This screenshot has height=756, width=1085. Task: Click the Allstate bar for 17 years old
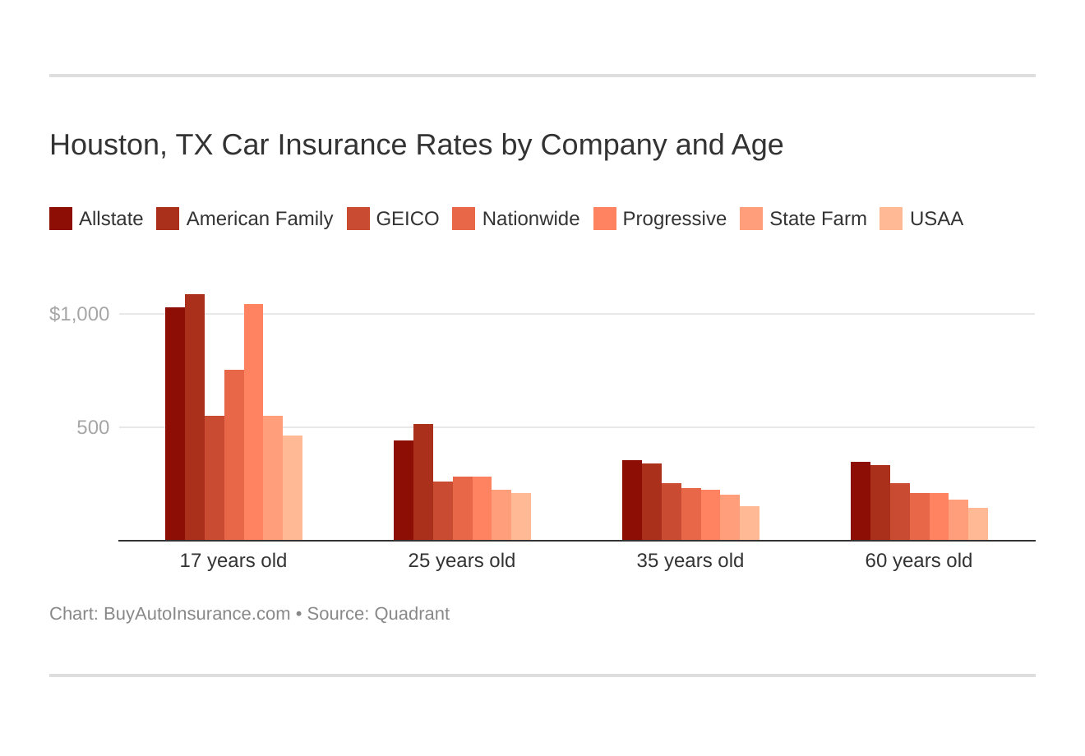pyautogui.click(x=175, y=424)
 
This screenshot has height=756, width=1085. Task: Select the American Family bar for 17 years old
pyautogui.click(x=195, y=417)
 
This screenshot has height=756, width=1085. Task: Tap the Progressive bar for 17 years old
pyautogui.click(x=253, y=422)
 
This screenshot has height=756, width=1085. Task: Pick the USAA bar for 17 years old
pyautogui.click(x=293, y=488)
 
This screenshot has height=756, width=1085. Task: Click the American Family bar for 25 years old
pyautogui.click(x=423, y=482)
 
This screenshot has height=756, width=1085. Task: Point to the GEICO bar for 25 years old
pyautogui.click(x=443, y=511)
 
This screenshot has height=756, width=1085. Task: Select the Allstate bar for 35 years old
pyautogui.click(x=632, y=500)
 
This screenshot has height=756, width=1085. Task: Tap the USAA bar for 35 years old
pyautogui.click(x=750, y=523)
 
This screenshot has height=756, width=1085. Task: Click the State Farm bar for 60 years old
pyautogui.click(x=958, y=520)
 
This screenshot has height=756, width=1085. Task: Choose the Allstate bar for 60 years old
pyautogui.click(x=861, y=501)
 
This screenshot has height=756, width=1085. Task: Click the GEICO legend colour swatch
pyautogui.click(x=358, y=219)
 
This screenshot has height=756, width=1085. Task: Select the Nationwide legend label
pyautogui.click(x=530, y=219)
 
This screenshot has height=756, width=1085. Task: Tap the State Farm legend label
pyautogui.click(x=818, y=219)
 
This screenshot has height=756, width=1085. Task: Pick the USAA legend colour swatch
pyautogui.click(x=891, y=219)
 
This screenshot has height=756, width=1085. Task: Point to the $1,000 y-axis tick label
pyautogui.click(x=80, y=314)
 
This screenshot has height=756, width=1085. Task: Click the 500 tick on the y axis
pyautogui.click(x=93, y=427)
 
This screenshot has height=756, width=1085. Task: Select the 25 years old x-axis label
pyautogui.click(x=461, y=560)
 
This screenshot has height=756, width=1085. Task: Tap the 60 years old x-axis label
pyautogui.click(x=918, y=560)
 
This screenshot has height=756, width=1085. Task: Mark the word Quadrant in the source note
pyautogui.click(x=412, y=614)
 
